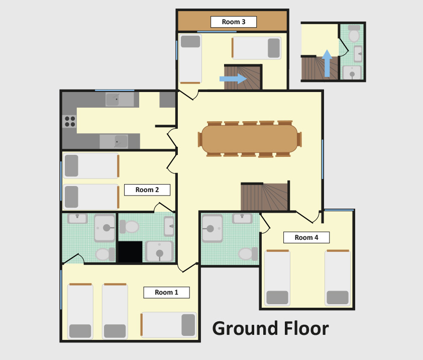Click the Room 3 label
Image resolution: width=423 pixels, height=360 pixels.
(x=233, y=22)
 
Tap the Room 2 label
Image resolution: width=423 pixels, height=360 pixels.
(x=147, y=190)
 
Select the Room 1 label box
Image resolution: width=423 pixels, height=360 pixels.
(x=166, y=293)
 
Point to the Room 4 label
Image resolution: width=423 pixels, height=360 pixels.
(x=306, y=238)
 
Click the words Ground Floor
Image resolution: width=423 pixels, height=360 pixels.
(x=270, y=329)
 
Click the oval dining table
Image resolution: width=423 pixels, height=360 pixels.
(x=250, y=139)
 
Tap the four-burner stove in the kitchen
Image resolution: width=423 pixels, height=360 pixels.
(x=70, y=121)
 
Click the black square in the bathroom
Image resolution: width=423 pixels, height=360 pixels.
(x=130, y=252)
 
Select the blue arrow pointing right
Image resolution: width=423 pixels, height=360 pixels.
(x=233, y=78)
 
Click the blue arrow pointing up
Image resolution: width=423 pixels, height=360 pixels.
(x=327, y=63)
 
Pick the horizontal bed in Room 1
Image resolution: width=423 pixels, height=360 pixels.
(x=169, y=325)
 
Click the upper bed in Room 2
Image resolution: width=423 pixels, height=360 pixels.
(x=91, y=166)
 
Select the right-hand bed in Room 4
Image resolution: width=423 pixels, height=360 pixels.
(x=338, y=278)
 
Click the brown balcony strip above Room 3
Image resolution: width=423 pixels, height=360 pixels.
(x=233, y=21)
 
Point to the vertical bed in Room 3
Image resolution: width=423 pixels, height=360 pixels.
(x=190, y=59)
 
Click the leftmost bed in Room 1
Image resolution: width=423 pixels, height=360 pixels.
(x=80, y=311)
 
